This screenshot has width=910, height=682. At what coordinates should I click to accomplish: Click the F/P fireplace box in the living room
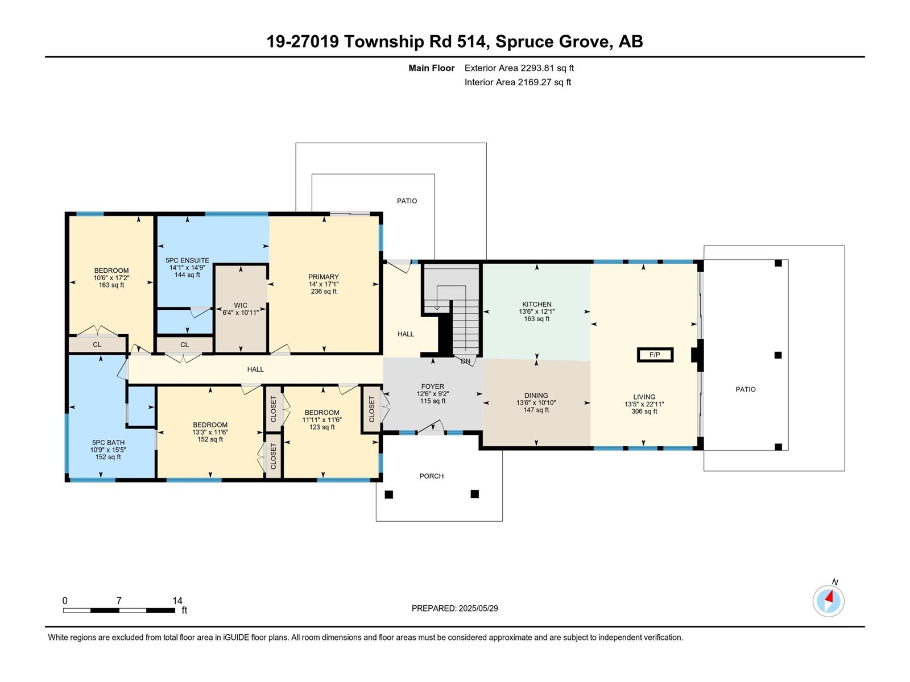[655, 355]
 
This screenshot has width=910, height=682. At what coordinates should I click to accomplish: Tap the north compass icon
[828, 601]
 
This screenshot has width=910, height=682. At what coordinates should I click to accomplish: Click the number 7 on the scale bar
[119, 600]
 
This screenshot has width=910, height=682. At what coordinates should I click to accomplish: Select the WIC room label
[241, 305]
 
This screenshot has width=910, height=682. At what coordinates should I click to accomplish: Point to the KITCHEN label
[537, 304]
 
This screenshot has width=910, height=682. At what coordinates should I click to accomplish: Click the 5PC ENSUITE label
[187, 260]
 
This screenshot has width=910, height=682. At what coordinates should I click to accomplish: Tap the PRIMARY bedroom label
[324, 277]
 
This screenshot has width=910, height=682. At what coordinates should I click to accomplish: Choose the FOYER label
[432, 386]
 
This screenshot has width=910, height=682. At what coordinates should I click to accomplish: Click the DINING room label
[536, 396]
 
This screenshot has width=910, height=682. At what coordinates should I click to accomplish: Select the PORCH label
[432, 476]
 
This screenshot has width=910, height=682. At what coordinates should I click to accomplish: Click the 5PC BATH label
[108, 442]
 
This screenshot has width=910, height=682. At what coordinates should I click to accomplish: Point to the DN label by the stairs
[466, 361]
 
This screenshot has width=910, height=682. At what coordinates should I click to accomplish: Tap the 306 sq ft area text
[644, 411]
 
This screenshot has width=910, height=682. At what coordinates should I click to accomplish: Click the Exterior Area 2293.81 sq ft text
[519, 68]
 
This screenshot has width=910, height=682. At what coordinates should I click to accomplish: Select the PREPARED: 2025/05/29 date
[455, 608]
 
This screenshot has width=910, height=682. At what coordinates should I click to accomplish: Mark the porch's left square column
[389, 494]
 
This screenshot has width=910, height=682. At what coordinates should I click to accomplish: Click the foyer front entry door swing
[431, 427]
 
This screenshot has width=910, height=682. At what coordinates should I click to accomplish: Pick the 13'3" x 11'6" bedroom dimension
[210, 432]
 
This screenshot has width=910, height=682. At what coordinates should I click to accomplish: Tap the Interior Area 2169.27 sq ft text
[518, 82]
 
